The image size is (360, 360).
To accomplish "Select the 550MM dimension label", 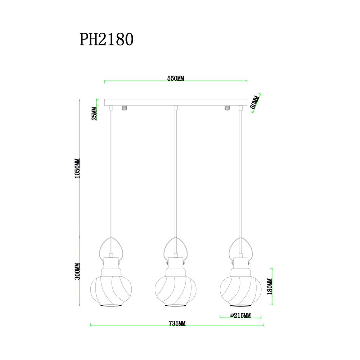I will click(176, 78).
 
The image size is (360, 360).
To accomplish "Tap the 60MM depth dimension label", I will click(254, 102).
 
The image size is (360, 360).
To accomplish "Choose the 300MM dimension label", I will click(76, 273).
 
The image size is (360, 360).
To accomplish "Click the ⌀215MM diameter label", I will click(240, 315).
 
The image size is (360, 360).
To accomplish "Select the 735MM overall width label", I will click(177, 323).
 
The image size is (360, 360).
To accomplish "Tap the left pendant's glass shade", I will click(110, 290).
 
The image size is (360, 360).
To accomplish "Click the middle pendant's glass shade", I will click(176, 290).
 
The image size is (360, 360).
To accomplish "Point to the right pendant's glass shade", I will click(240, 290).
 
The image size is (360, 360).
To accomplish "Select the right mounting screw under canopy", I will click(227, 108).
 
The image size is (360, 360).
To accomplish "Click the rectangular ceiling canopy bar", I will click(176, 103).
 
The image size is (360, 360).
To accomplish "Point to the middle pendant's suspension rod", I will click(176, 173).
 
